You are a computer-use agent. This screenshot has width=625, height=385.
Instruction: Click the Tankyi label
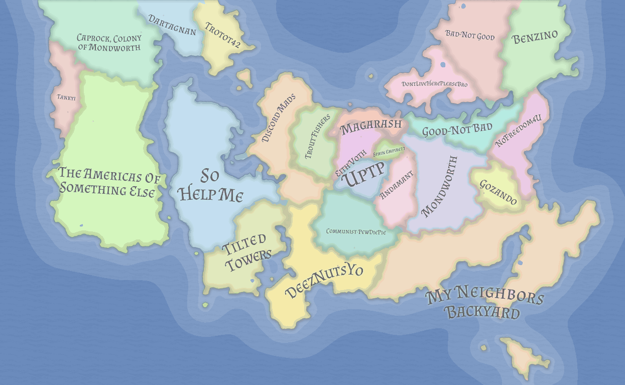tap(66, 98)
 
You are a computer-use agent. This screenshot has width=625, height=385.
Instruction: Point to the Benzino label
tap(536, 39)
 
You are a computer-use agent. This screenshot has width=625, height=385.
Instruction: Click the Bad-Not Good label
tap(470, 36)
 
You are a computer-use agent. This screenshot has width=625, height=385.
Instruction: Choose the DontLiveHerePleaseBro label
tap(434, 84)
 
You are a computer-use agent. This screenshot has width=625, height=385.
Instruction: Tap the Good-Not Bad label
tap(457, 130)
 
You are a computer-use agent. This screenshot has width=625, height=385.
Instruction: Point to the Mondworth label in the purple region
tap(440, 186)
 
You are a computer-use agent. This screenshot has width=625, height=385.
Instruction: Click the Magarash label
tap(371, 126)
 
